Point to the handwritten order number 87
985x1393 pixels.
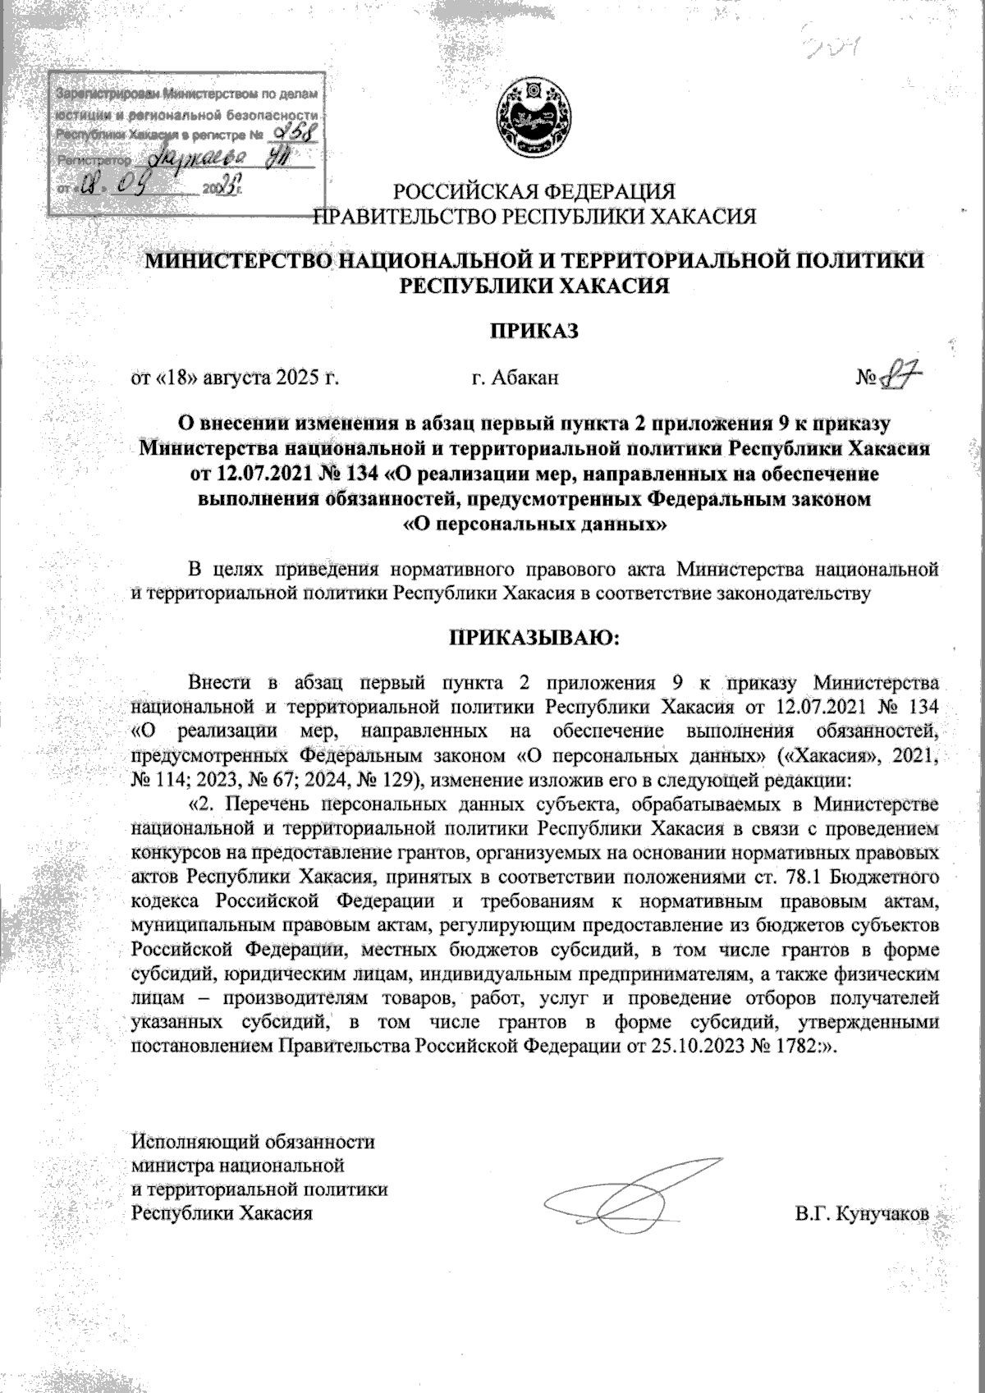899,378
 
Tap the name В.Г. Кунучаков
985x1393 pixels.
862,1213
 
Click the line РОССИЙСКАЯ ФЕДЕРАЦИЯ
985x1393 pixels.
534,193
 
